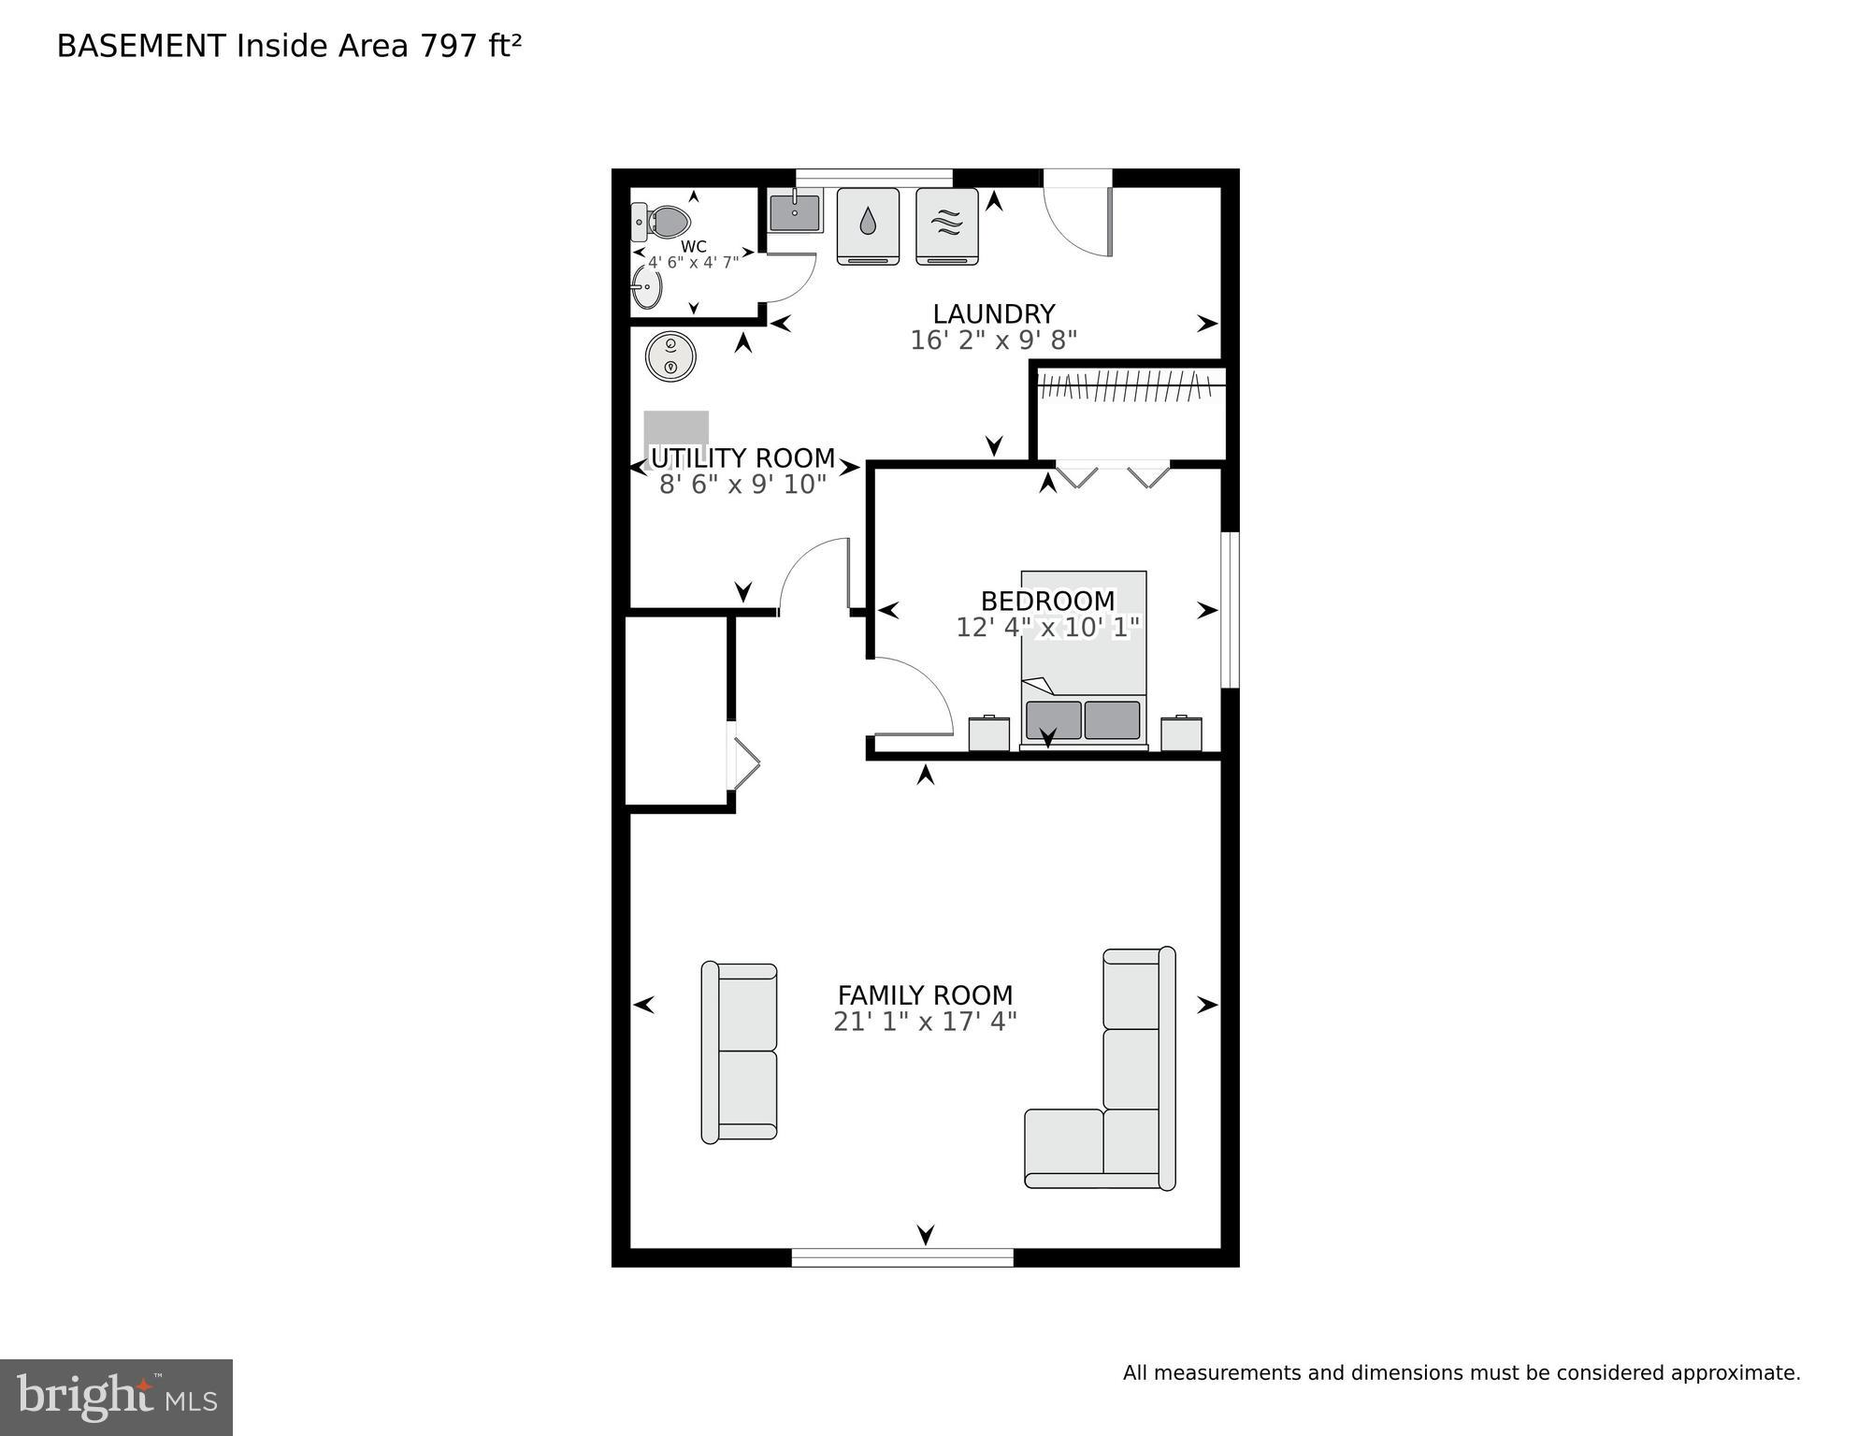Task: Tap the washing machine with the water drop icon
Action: click(x=868, y=225)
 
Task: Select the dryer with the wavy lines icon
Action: click(x=946, y=225)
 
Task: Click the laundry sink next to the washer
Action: click(x=795, y=211)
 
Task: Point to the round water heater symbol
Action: click(x=670, y=356)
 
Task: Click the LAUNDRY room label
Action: click(x=993, y=313)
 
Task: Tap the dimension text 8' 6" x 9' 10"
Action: click(x=742, y=485)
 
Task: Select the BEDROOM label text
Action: click(x=1047, y=601)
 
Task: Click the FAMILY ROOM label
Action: click(x=925, y=994)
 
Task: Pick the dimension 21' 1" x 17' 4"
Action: click(x=925, y=1022)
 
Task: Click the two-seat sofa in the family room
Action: click(x=740, y=1052)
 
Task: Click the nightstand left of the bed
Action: click(x=988, y=733)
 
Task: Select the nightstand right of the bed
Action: click(x=1181, y=733)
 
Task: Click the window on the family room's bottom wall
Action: click(x=902, y=1257)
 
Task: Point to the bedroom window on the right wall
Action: click(x=1231, y=610)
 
